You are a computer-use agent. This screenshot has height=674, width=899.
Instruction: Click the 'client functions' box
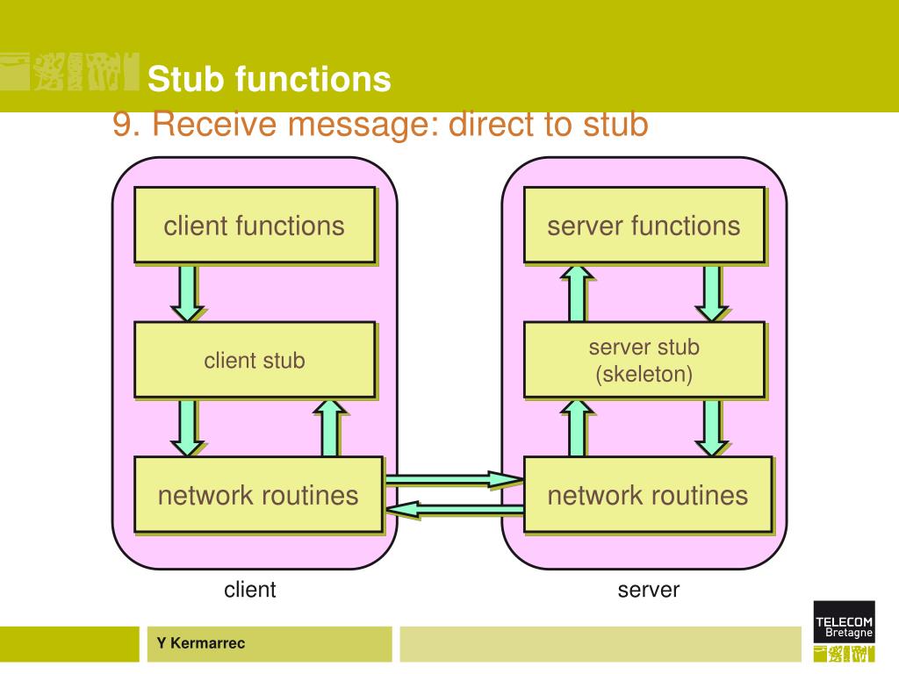tap(255, 226)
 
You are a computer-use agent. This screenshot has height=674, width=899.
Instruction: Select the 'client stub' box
tap(255, 360)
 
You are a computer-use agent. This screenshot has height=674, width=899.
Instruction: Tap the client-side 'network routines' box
tap(259, 495)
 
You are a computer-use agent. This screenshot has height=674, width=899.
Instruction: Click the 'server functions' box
tap(644, 226)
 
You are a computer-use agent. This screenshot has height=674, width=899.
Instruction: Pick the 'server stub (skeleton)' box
tap(644, 360)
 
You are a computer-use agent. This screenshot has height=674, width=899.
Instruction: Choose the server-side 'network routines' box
tap(649, 495)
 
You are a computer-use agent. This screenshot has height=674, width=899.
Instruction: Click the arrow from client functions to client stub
tap(188, 293)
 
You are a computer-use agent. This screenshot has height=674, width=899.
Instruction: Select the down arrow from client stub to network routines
tap(188, 428)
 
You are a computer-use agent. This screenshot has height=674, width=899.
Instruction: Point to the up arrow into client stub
tap(330, 427)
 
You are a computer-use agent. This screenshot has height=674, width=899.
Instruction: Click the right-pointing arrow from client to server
tap(455, 479)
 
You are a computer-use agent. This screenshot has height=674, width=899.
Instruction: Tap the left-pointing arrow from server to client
tap(455, 509)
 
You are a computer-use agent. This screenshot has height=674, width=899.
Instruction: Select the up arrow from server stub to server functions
tap(578, 293)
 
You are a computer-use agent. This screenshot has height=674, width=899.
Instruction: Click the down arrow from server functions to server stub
tap(711, 293)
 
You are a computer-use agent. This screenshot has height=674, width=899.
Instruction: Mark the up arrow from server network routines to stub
tap(578, 427)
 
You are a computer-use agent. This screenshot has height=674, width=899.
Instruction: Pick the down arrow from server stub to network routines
tap(711, 428)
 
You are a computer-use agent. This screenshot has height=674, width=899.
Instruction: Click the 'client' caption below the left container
tap(250, 589)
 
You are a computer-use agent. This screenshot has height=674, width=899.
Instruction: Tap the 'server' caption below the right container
tap(649, 590)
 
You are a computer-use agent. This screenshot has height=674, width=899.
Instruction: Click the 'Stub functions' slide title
tap(270, 78)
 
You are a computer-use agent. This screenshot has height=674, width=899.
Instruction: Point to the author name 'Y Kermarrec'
tap(201, 643)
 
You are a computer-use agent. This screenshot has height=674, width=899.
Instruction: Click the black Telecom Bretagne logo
tap(844, 621)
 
